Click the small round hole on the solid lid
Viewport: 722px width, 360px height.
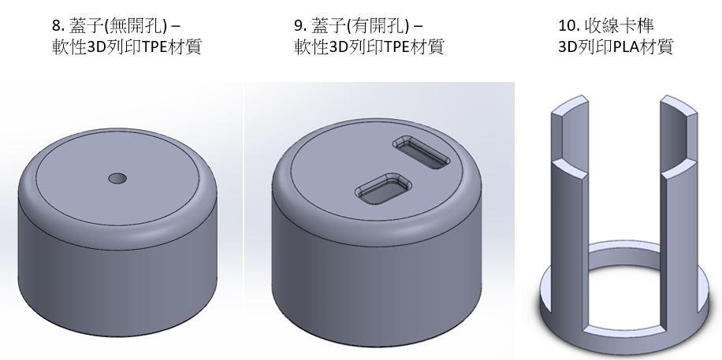pos(117,178)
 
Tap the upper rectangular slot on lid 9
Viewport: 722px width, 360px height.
pos(422,152)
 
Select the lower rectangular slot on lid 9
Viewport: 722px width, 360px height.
pos(383,189)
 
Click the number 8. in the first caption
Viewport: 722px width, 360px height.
pos(58,26)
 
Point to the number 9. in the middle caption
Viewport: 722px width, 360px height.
pos(300,26)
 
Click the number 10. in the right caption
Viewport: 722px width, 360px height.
pos(568,26)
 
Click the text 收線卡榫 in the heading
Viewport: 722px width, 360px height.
pos(619,26)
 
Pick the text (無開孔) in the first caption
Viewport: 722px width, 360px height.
pos(136,26)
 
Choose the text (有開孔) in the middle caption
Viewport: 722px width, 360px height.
pos(378,26)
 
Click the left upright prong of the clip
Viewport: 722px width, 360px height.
pos(570,212)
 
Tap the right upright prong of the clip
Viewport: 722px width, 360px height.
pos(679,212)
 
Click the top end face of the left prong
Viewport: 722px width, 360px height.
pos(570,104)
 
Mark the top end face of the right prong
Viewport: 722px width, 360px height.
pos(679,104)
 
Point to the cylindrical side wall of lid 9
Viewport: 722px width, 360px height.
pos(377,280)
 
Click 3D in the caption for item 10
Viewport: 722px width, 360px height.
pos(568,47)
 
